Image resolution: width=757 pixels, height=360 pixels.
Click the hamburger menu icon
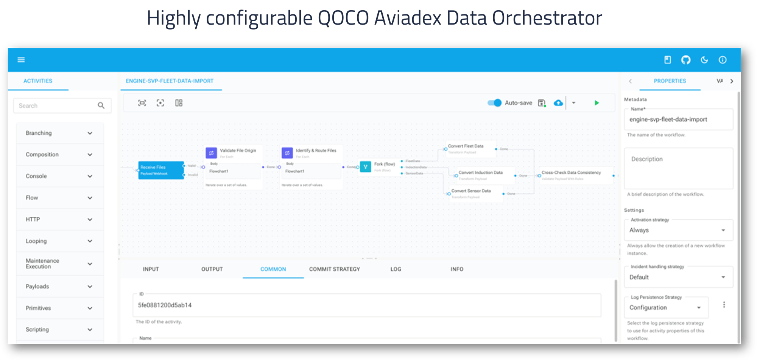[21, 60]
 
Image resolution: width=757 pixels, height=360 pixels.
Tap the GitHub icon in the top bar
[685, 60]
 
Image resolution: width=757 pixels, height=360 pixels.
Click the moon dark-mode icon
[704, 60]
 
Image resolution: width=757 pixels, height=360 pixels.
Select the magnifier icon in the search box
[101, 106]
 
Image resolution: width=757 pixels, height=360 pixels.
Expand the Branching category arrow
[90, 133]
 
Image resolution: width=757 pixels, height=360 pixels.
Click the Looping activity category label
[36, 241]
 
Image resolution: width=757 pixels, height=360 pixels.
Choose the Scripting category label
[37, 329]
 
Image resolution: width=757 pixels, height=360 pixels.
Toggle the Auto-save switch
[494, 103]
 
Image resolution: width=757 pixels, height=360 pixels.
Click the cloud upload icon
[558, 103]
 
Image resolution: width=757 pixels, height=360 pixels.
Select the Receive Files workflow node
[160, 170]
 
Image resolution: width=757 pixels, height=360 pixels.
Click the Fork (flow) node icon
[365, 167]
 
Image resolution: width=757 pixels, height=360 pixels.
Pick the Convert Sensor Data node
[475, 193]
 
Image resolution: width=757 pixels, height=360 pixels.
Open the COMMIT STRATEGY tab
[334, 269]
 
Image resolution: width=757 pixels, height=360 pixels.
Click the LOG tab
[396, 269]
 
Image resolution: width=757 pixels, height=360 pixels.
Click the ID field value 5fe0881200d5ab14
[165, 305]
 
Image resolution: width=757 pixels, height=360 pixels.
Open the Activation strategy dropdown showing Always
[678, 230]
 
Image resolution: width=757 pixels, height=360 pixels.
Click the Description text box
[678, 168]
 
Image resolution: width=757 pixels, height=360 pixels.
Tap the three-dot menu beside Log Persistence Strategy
[724, 305]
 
